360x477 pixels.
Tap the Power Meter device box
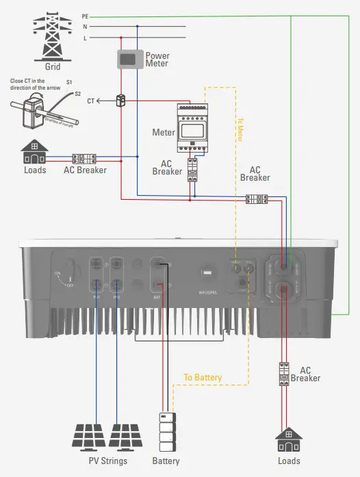128,60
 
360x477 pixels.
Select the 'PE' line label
85,15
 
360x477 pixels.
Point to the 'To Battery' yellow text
203,377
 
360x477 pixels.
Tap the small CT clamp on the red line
122,100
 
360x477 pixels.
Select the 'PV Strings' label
109,461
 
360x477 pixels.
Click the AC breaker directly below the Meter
194,169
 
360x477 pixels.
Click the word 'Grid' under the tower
53,67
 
